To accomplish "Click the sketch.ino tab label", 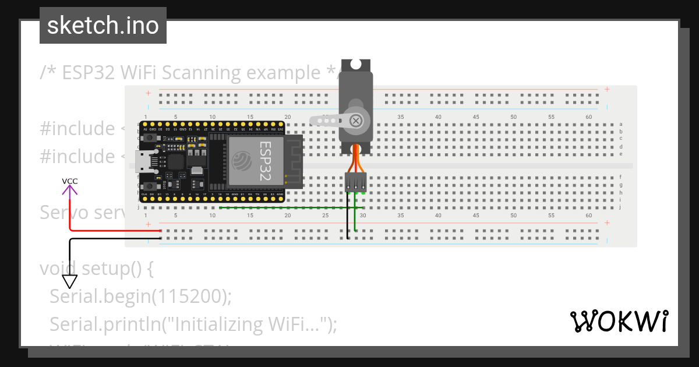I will (x=103, y=26).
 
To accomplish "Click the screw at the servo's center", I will (x=355, y=121).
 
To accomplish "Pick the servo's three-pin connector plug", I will (x=355, y=182).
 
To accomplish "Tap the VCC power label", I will (x=70, y=181).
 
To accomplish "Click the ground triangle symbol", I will (x=70, y=282).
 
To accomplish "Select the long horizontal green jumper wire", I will (x=285, y=207).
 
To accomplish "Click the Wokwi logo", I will (x=619, y=322).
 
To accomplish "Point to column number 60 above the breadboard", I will (x=588, y=117).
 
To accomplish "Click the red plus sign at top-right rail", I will (x=607, y=89).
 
